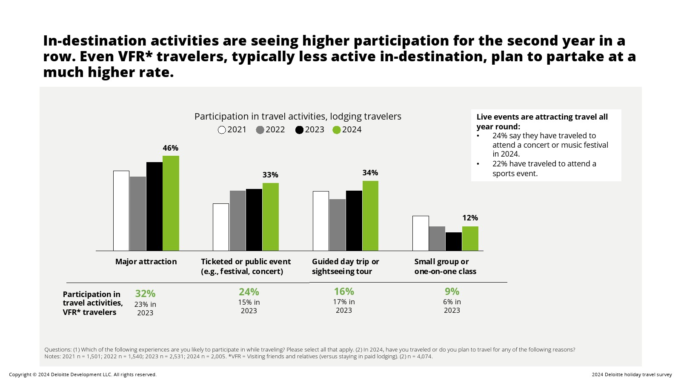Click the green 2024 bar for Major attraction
click(x=171, y=203)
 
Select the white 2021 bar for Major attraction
click(x=121, y=211)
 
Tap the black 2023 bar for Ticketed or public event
click(x=254, y=220)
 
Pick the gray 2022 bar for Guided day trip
click(x=338, y=225)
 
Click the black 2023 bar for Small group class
click(x=454, y=241)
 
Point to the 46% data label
click(x=170, y=148)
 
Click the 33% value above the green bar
click(x=270, y=175)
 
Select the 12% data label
click(x=470, y=218)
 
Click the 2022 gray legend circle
click(x=260, y=130)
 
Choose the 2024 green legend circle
click(x=337, y=130)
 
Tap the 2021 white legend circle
click(x=222, y=130)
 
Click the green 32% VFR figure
click(x=145, y=294)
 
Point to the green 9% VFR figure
click(x=452, y=292)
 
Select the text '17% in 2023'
click(x=344, y=306)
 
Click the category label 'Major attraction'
click(x=146, y=262)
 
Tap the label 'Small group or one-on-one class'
click(x=445, y=266)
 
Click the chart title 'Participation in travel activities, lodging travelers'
click(x=298, y=117)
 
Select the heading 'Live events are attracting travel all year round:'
click(x=542, y=122)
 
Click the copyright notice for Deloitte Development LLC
click(x=83, y=374)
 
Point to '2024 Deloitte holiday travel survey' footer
click(x=632, y=374)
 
